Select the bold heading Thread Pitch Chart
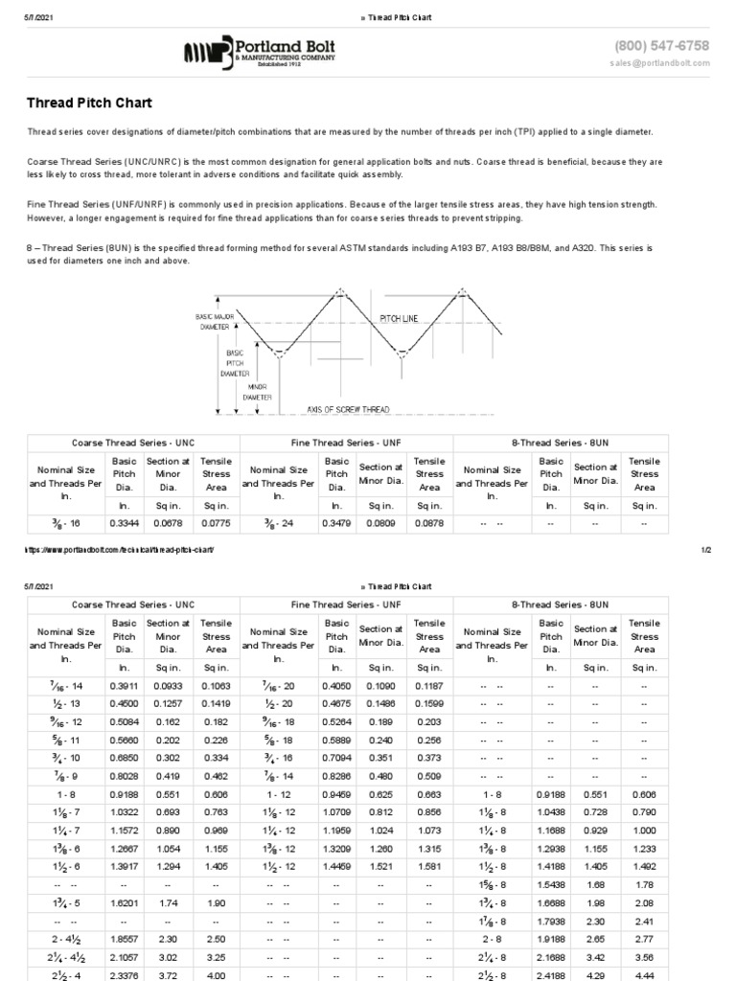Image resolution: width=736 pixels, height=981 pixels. click(x=88, y=103)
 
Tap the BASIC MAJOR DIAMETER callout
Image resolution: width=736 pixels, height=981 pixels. click(x=213, y=321)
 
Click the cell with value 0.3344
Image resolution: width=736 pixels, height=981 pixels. click(x=125, y=524)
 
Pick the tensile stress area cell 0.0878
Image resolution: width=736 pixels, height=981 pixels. click(x=429, y=524)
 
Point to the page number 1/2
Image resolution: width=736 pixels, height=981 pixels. click(x=705, y=550)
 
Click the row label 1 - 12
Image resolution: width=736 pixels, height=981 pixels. click(x=278, y=767)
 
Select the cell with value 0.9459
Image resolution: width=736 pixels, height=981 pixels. click(x=336, y=767)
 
